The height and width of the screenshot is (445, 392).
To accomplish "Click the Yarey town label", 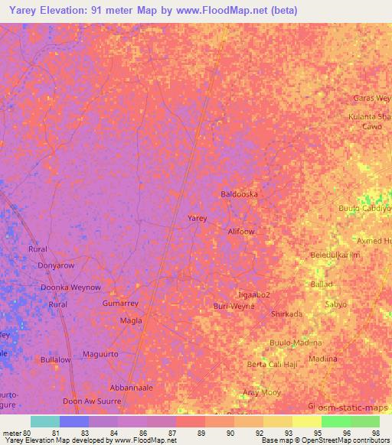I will pyautogui.click(x=198, y=218).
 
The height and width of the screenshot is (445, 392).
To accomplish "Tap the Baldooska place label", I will pyautogui.click(x=239, y=194).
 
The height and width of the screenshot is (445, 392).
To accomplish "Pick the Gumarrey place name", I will pyautogui.click(x=120, y=304).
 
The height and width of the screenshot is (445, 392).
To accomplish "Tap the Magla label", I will pyautogui.click(x=132, y=320).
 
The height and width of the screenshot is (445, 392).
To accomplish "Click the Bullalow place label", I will pyautogui.click(x=56, y=359).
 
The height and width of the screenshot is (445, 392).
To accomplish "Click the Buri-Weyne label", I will pyautogui.click(x=234, y=306).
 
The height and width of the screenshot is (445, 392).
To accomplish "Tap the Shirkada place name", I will pyautogui.click(x=287, y=314).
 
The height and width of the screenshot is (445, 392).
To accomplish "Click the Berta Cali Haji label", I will pyautogui.click(x=273, y=365).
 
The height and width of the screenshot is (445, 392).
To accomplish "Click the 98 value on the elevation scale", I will pyautogui.click(x=375, y=434).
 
